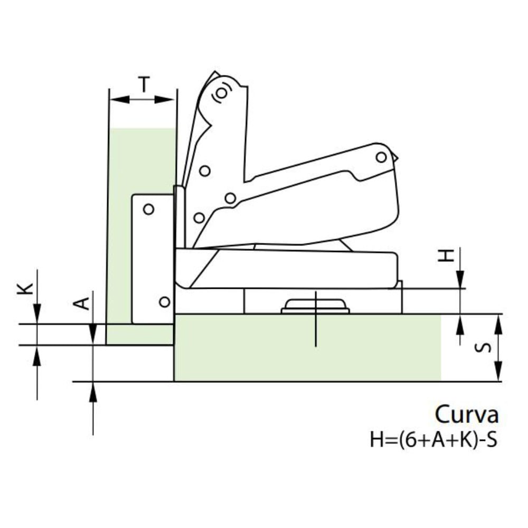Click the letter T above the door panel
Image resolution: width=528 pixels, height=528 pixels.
pyautogui.click(x=144, y=84)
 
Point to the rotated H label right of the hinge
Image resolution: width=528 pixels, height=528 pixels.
pyautogui.click(x=448, y=256)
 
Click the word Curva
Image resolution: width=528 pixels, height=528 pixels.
pyautogui.click(x=466, y=414)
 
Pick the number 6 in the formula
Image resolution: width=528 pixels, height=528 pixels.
pyautogui.click(x=408, y=440)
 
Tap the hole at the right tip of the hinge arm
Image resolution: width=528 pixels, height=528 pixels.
pyautogui.click(x=381, y=157)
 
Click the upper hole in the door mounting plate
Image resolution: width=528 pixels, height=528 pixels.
pyautogui.click(x=149, y=209)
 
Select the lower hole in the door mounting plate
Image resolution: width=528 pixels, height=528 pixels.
pyautogui.click(x=164, y=302)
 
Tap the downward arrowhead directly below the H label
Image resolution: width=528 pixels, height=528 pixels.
pyautogui.click(x=460, y=279)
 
